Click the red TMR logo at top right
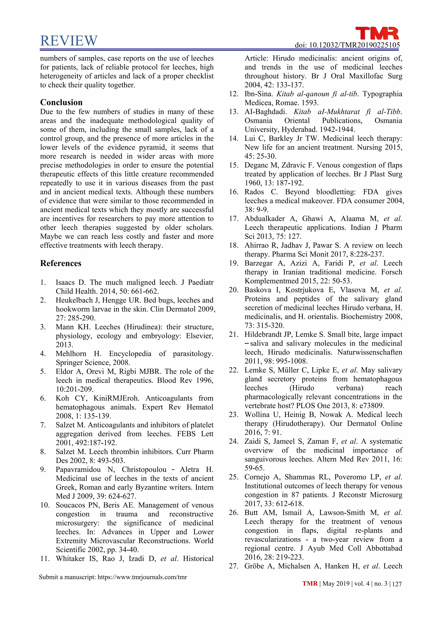[377, 33]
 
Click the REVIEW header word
[69, 41]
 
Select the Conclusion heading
[61, 102]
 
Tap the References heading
[61, 263]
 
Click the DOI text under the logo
[347, 45]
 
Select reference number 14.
[234, 138]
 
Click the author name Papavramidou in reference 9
[78, 470]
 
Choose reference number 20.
[234, 290]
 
